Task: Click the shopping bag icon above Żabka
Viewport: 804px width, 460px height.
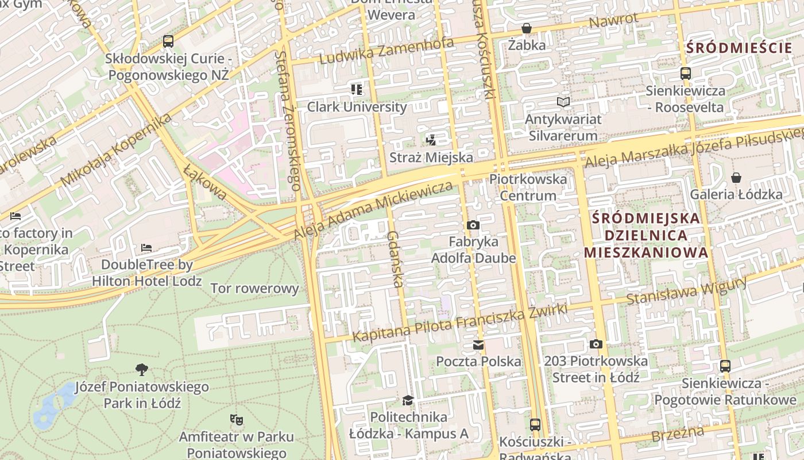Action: (526, 28)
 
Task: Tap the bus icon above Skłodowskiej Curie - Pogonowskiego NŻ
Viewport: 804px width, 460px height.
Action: (168, 41)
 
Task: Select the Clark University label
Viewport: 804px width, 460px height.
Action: (357, 106)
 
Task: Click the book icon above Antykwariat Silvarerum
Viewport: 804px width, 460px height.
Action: (563, 102)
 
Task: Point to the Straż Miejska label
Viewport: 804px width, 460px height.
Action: (431, 157)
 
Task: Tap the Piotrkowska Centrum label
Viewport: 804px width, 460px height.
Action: (528, 187)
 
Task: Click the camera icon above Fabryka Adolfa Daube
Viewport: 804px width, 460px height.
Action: (473, 225)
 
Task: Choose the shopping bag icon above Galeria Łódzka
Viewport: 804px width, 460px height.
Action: (736, 178)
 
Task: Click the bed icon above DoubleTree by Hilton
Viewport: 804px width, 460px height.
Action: (146, 248)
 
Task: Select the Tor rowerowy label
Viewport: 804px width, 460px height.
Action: (255, 288)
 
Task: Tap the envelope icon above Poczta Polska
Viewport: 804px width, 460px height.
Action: (478, 345)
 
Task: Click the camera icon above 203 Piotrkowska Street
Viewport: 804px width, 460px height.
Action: (596, 344)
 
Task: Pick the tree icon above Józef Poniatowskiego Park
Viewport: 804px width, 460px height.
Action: (141, 369)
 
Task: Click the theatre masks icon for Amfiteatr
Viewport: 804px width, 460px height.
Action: (235, 419)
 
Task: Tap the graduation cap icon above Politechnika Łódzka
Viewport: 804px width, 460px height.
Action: (408, 400)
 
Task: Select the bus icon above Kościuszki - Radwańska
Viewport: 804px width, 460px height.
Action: (535, 425)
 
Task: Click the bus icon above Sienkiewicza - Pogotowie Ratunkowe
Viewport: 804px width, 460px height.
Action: (725, 366)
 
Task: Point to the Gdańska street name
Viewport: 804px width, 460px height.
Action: (395, 259)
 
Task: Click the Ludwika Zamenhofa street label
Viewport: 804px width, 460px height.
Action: (386, 51)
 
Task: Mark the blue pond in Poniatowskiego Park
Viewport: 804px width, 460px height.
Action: (53, 407)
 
